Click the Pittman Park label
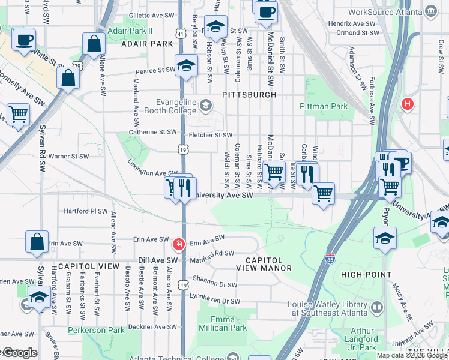pyautogui.click(x=324, y=106)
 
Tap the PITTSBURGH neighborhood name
pyautogui.click(x=249, y=95)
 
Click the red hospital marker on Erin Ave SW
pyautogui.click(x=178, y=244)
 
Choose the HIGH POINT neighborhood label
pyautogui.click(x=366, y=274)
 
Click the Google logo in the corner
pyautogui.click(x=19, y=353)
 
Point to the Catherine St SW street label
pyautogui.click(x=152, y=132)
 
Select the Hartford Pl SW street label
pyautogui.click(x=86, y=211)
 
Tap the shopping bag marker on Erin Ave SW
pyautogui.click(x=37, y=241)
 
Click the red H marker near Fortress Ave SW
pyautogui.click(x=408, y=104)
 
